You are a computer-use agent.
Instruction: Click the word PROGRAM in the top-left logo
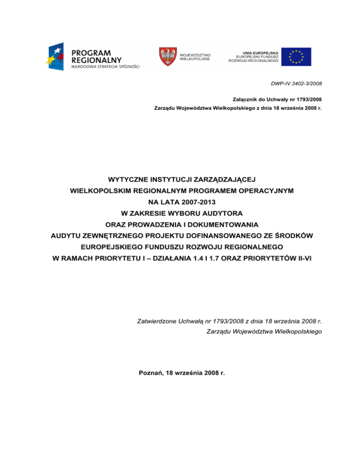point(91,52)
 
